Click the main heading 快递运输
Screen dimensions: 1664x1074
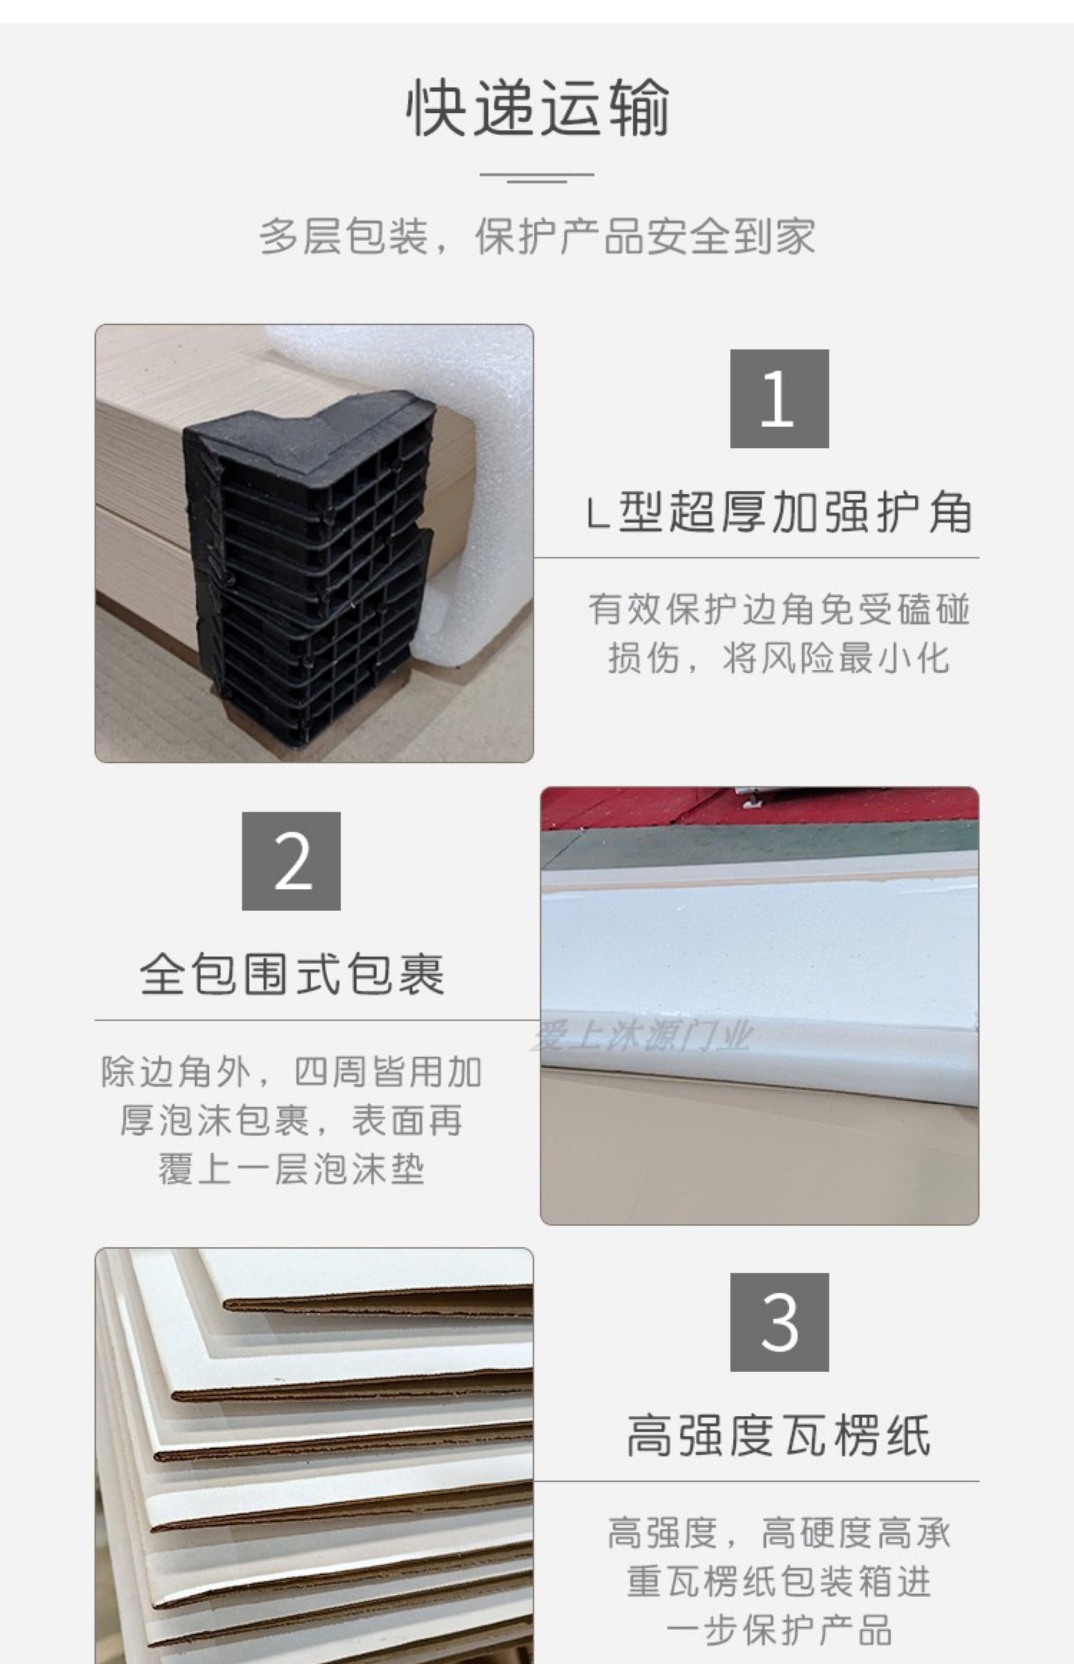(x=537, y=108)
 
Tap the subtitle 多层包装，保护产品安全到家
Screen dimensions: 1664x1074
(x=537, y=237)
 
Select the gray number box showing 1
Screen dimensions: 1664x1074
(x=779, y=398)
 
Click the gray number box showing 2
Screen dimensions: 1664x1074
(x=291, y=861)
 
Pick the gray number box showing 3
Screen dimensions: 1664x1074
(x=779, y=1322)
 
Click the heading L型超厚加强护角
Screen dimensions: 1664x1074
(x=779, y=513)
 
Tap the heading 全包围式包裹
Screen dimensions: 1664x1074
(x=291, y=974)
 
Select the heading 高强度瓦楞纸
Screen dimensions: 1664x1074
(x=779, y=1436)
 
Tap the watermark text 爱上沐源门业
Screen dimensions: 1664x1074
(x=642, y=1036)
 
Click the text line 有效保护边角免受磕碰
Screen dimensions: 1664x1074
(x=779, y=609)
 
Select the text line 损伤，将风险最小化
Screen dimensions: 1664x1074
(x=779, y=658)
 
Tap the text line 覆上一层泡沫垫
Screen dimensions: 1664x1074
(x=291, y=1169)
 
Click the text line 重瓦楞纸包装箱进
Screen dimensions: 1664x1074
(x=779, y=1582)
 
